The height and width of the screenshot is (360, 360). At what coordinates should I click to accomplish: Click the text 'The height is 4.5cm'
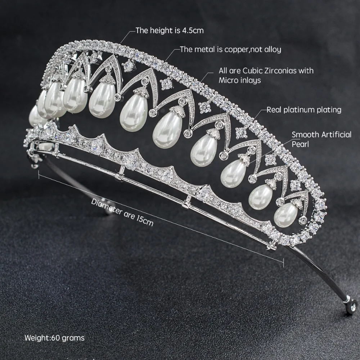pos(169,30)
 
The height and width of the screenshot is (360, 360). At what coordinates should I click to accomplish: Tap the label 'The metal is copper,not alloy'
pos(230,49)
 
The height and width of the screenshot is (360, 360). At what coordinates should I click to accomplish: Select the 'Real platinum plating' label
pos(304,109)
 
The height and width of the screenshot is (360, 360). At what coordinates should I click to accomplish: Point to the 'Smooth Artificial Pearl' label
pos(321,139)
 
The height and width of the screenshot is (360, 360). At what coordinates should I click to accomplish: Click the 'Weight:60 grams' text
pos(54,338)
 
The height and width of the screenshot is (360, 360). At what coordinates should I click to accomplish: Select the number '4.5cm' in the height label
pos(192,30)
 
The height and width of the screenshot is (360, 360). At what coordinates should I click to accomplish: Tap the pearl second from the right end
pos(261,197)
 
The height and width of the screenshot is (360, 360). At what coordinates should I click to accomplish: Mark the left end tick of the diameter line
pos(38,175)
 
